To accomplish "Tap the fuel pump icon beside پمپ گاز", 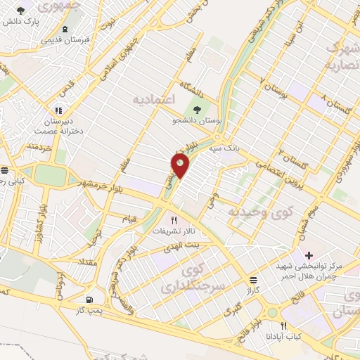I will pos(89,298).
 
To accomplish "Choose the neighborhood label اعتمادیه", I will pos(153,100).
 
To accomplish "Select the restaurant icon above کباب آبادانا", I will pos(284,326).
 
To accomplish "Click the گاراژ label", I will pos(253,289).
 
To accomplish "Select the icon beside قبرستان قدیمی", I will pos(65,30).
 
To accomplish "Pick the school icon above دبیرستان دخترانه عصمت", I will pos(58,110).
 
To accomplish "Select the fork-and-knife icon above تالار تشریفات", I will pos(174,219).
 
